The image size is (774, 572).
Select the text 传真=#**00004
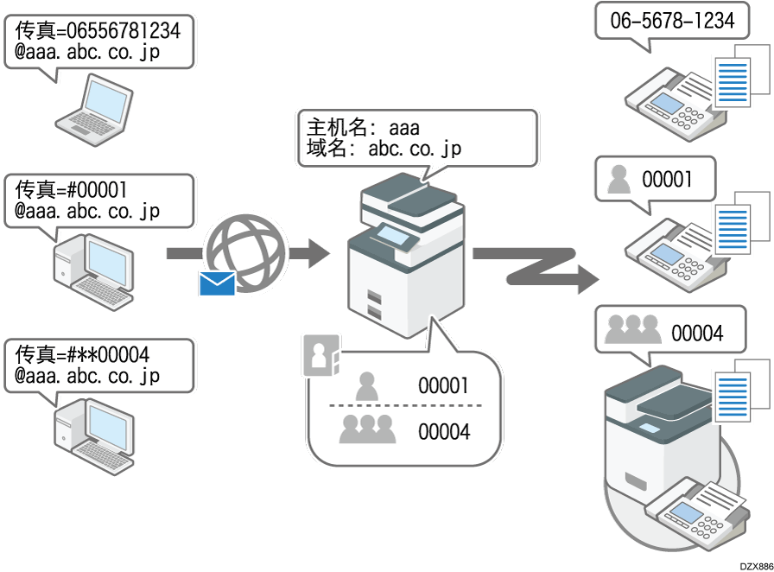(83, 354)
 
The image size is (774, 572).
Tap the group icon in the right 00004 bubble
(632, 329)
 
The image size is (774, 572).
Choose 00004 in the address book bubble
(444, 429)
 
